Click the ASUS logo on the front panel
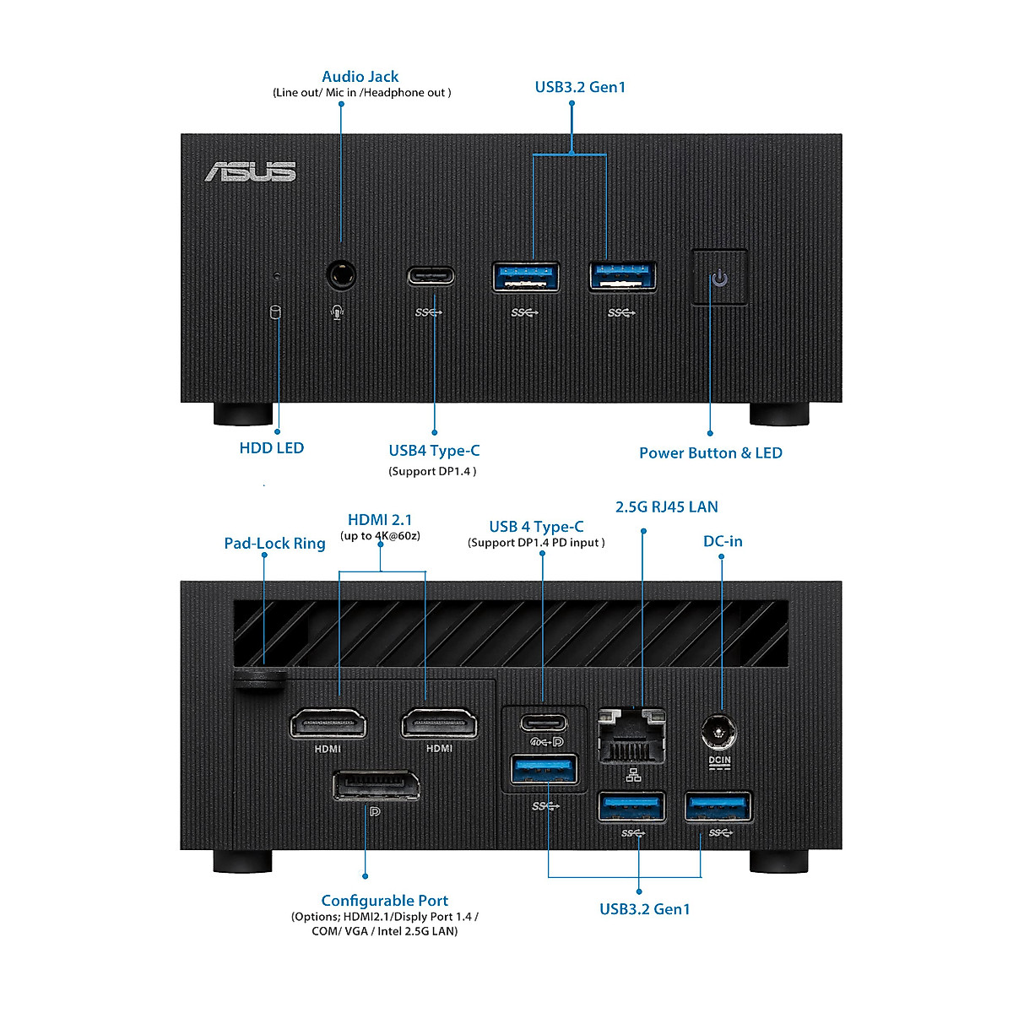tap(250, 171)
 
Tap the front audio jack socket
tap(341, 275)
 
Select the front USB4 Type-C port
tap(431, 276)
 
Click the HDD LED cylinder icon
tap(275, 312)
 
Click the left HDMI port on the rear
tap(328, 724)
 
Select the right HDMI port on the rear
tap(439, 723)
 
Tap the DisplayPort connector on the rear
tap(376, 785)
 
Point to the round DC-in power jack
tap(719, 732)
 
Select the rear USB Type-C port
tap(544, 723)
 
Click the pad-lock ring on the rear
tap(260, 679)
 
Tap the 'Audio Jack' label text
tap(360, 77)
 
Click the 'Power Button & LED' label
tap(710, 453)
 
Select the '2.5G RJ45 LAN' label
tap(666, 507)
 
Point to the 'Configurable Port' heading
tap(384, 901)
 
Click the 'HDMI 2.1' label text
tap(380, 520)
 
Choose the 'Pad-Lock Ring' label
tap(274, 544)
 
